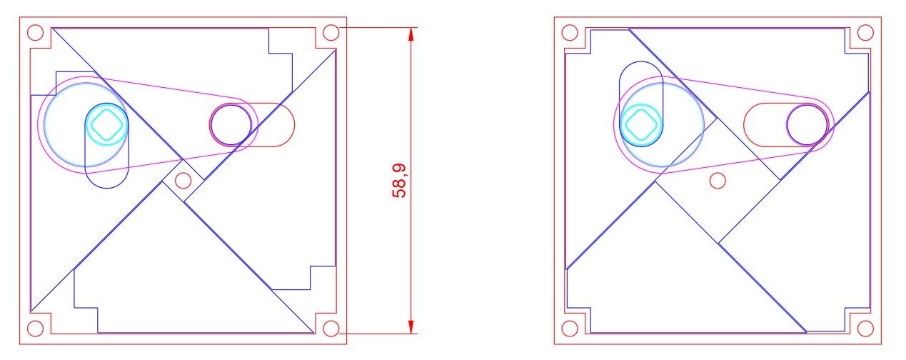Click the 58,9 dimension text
(399, 181)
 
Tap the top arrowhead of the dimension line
(411, 34)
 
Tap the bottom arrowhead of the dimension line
(411, 327)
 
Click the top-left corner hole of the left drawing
(35, 33)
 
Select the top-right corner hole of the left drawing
(331, 33)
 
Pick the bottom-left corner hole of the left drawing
(35, 329)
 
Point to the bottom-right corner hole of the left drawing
(331, 329)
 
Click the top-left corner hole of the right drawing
(570, 33)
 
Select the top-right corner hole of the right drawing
(865, 33)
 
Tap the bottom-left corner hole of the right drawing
(570, 329)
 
